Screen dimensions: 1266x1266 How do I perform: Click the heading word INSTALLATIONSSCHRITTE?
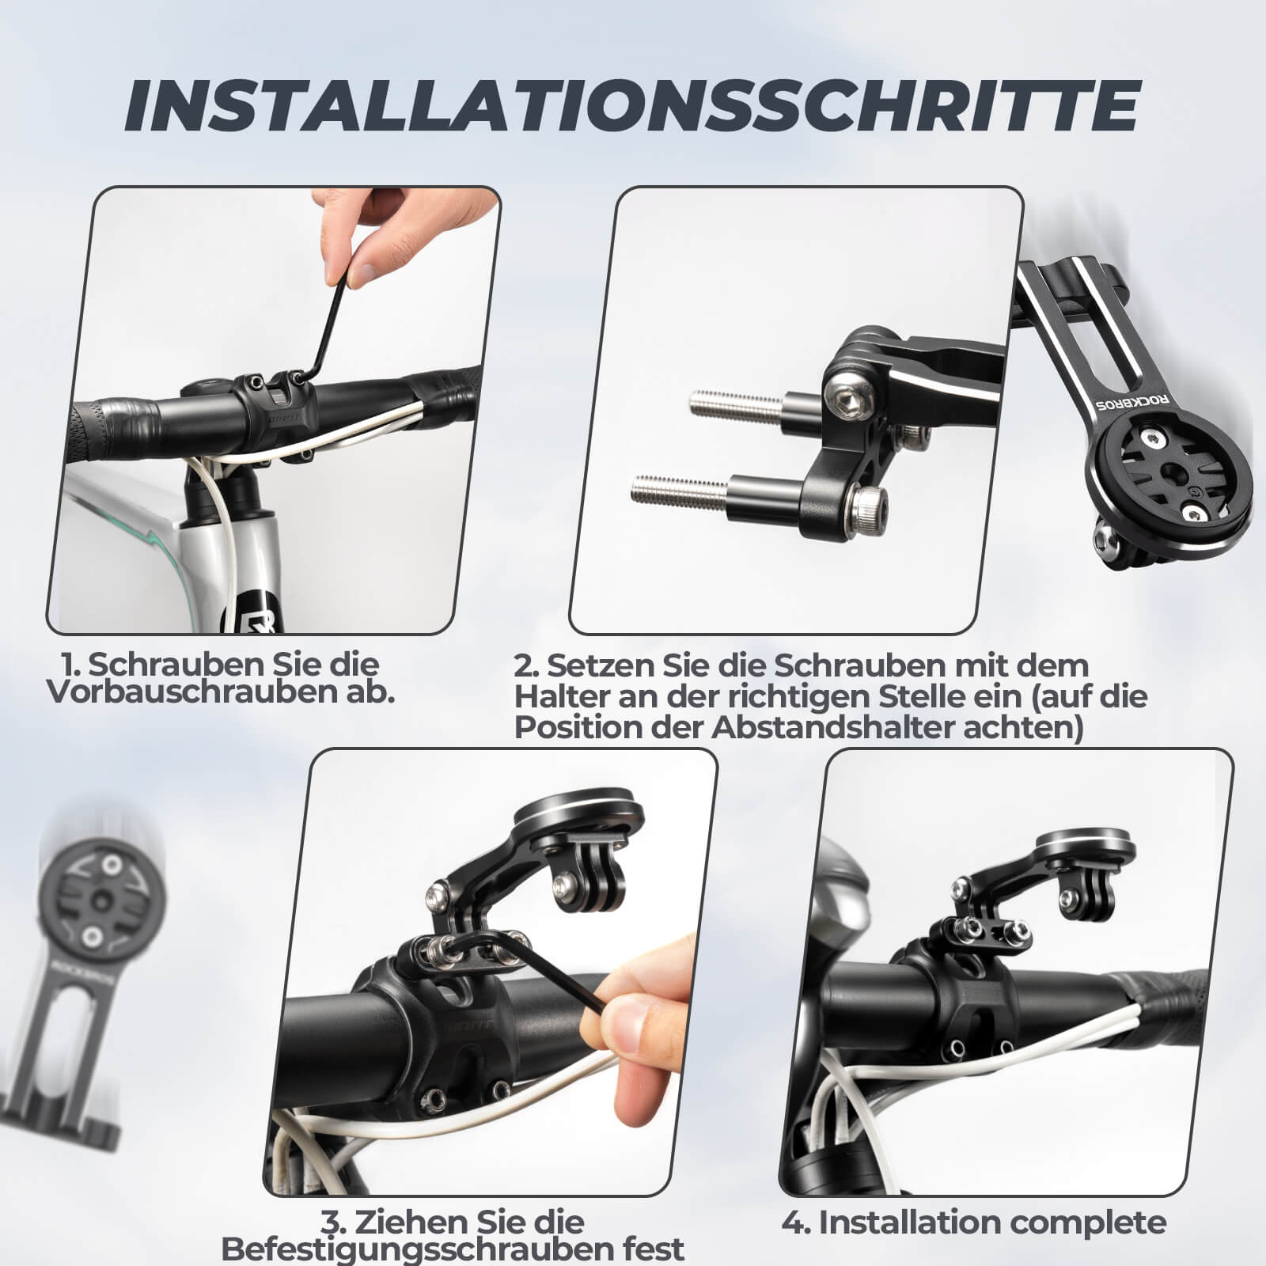click(x=631, y=105)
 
